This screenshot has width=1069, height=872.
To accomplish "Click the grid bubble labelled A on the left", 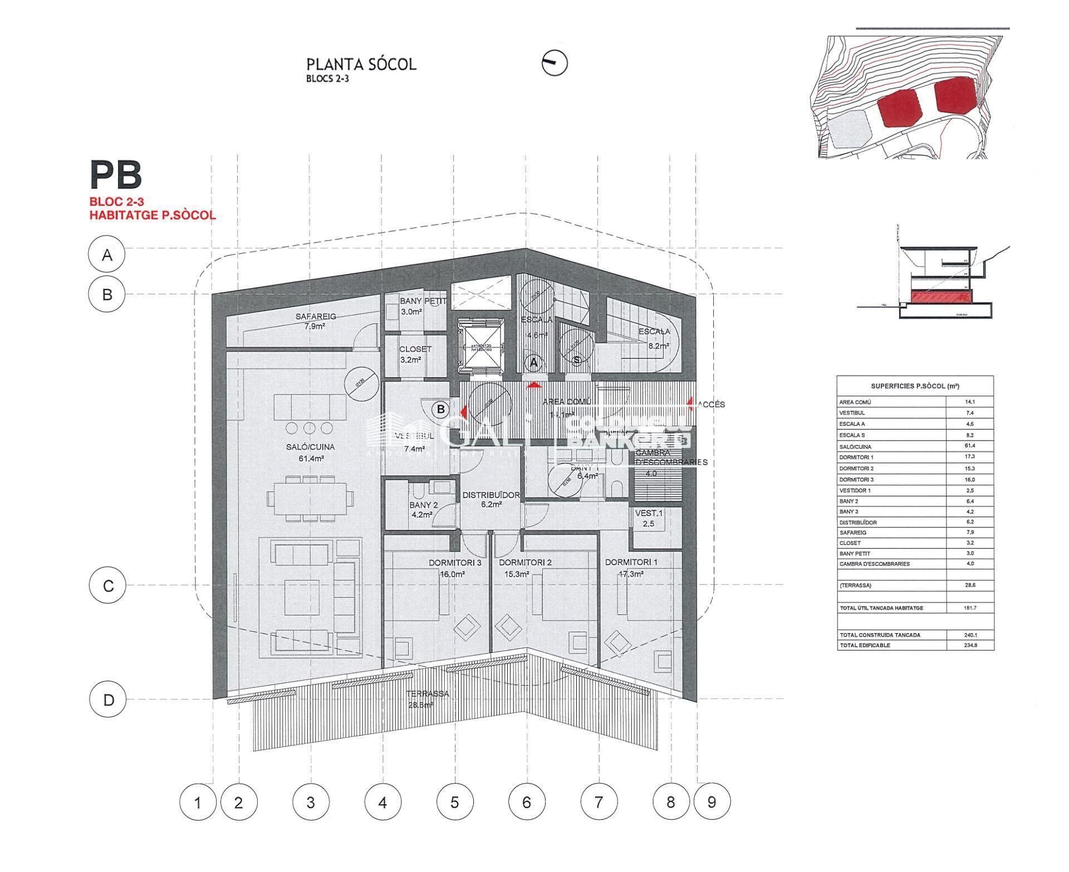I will [107, 255].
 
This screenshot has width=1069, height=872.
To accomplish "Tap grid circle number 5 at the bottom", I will [454, 802].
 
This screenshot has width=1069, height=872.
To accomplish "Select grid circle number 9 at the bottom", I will [711, 802].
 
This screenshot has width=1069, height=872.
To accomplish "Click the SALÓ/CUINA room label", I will [311, 447].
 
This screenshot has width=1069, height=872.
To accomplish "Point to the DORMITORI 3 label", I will [454, 562].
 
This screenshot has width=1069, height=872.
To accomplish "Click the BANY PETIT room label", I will [423, 301].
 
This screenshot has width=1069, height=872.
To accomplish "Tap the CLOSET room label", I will [415, 349].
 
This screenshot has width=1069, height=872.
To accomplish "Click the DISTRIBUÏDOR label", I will [491, 495].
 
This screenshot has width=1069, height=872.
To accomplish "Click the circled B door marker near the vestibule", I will [441, 409].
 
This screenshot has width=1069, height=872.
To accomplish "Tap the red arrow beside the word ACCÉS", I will [690, 402].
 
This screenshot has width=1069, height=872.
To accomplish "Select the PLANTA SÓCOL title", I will [361, 64].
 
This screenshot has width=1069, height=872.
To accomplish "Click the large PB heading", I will [116, 175].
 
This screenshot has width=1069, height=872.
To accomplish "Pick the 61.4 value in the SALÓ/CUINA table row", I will [970, 446].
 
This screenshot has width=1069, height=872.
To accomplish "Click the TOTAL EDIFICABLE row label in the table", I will [865, 646].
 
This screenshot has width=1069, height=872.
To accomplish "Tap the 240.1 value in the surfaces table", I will [970, 635].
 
